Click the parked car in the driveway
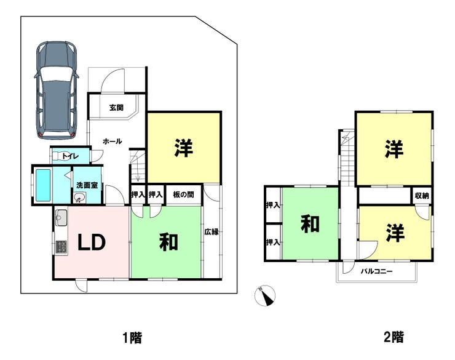point(57,90)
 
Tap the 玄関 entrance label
point(116,108)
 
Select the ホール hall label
point(113,142)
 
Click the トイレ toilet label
point(70,156)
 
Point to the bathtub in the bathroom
point(43,185)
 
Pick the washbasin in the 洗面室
point(78,198)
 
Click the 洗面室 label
point(87,185)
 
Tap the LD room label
point(92,242)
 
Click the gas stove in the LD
point(61,246)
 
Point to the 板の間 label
point(183,194)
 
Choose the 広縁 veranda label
point(212,232)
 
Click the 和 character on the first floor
point(168,242)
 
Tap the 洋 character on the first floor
point(184,148)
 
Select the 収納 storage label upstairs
point(422,196)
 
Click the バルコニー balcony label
point(377,272)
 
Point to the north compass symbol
point(265,296)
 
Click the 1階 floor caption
point(132,338)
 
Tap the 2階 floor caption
point(394,337)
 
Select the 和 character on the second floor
point(311,224)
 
